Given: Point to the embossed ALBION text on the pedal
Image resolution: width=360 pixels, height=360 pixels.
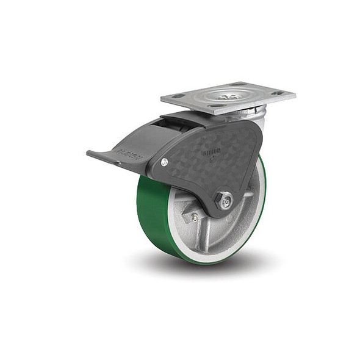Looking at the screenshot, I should click(x=132, y=157).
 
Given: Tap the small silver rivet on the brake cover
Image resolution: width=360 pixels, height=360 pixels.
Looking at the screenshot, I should click(x=164, y=162).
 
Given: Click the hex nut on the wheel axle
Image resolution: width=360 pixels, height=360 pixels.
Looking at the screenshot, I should click(x=225, y=200).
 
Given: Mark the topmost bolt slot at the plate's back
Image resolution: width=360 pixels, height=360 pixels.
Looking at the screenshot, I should click(x=239, y=84).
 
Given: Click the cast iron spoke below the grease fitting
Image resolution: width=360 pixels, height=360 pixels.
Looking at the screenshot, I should click(x=198, y=235).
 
